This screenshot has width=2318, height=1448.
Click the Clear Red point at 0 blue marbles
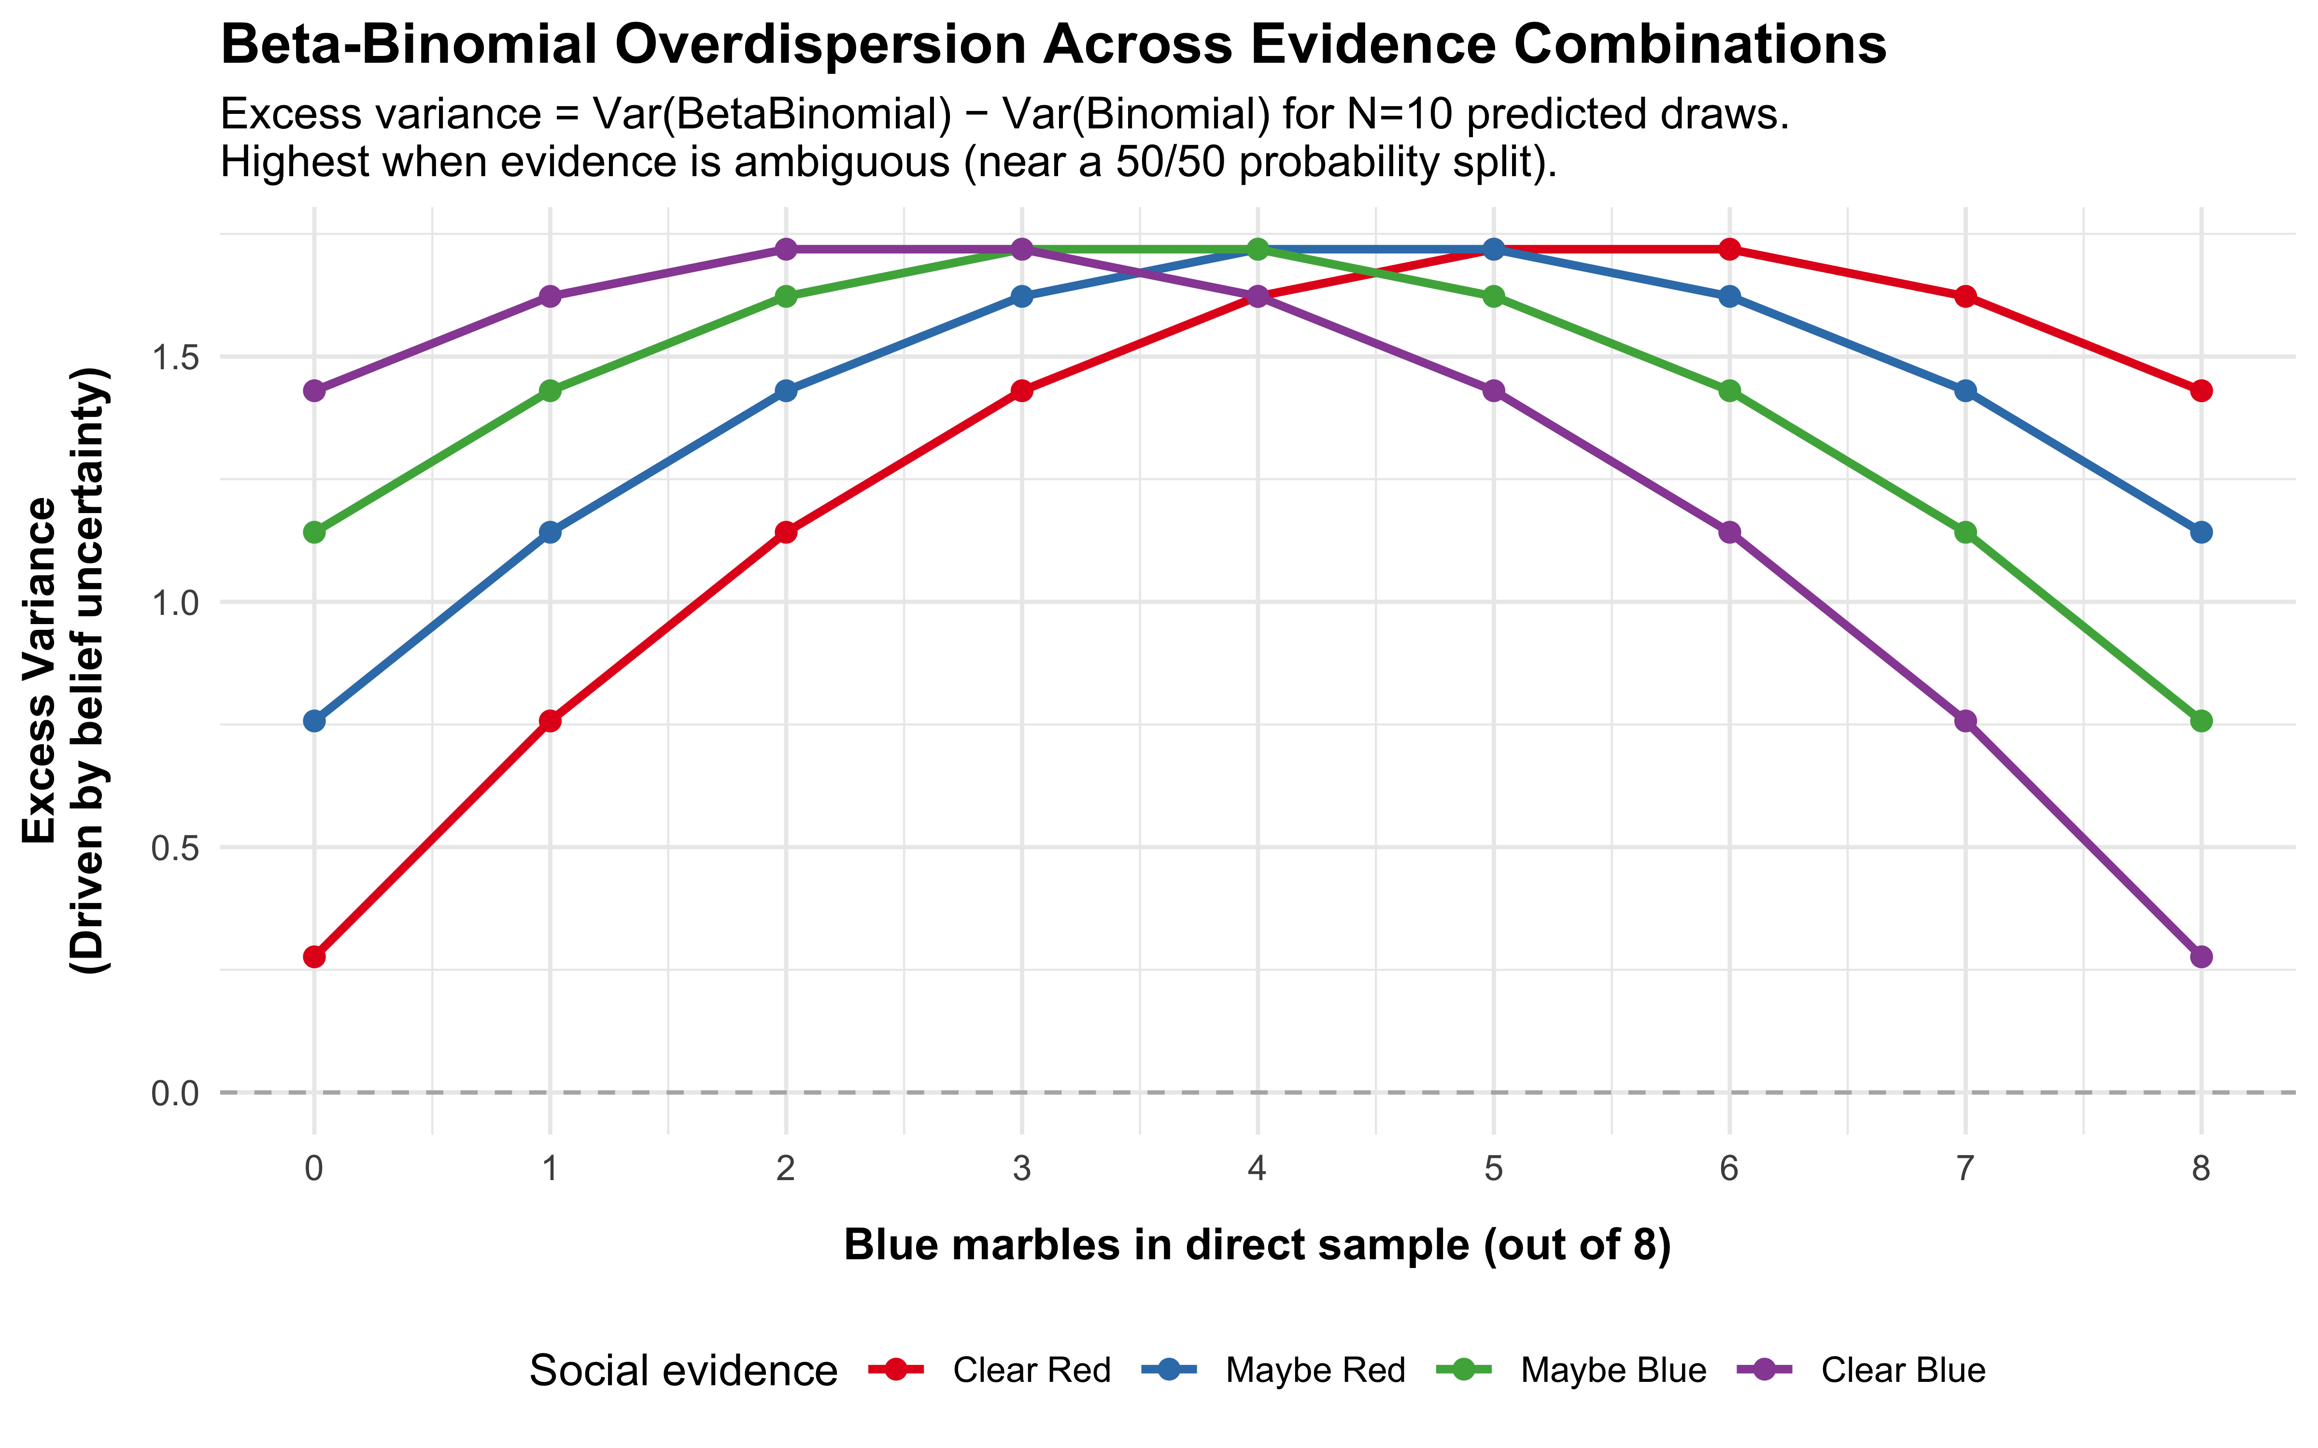coord(314,957)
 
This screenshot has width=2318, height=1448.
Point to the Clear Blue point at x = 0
coord(314,391)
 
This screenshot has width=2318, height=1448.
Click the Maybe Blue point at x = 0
coord(314,532)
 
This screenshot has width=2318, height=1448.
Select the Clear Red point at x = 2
coord(785,532)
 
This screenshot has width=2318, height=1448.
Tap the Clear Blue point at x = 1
coord(550,297)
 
